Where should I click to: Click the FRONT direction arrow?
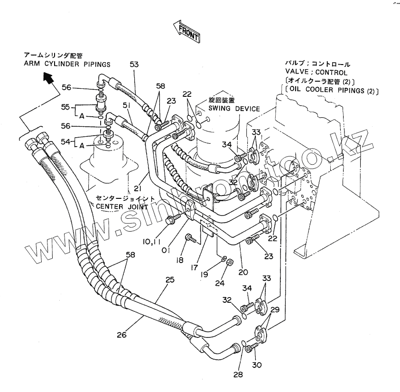[x=186, y=31]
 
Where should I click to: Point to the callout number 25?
[x=169, y=280]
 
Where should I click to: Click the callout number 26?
[x=122, y=335]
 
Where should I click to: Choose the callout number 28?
[x=238, y=374]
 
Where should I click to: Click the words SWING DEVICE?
[x=234, y=109]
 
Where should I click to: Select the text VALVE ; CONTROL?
[x=313, y=72]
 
